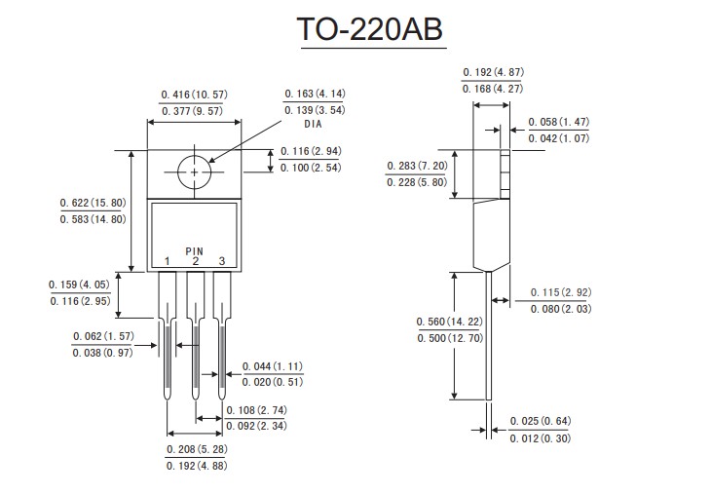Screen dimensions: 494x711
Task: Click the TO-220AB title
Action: [370, 30]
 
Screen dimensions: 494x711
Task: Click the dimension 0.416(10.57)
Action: [194, 95]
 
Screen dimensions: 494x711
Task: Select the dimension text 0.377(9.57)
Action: [194, 111]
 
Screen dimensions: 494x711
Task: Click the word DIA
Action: [314, 125]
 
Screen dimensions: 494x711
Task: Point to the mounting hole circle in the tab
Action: [195, 171]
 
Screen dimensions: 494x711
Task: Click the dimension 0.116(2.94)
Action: [311, 152]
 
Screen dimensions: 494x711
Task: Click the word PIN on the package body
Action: [195, 250]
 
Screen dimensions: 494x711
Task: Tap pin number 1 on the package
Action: [168, 261]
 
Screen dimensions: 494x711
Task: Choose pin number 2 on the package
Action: [195, 261]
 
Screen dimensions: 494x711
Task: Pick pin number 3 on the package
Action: [221, 261]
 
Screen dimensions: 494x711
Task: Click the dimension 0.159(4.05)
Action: [82, 285]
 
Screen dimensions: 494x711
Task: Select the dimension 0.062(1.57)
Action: [102, 336]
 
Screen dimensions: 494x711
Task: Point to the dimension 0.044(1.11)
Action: [273, 365]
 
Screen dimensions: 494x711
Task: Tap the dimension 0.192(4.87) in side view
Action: [492, 71]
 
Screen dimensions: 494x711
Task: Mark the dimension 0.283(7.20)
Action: [417, 166]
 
